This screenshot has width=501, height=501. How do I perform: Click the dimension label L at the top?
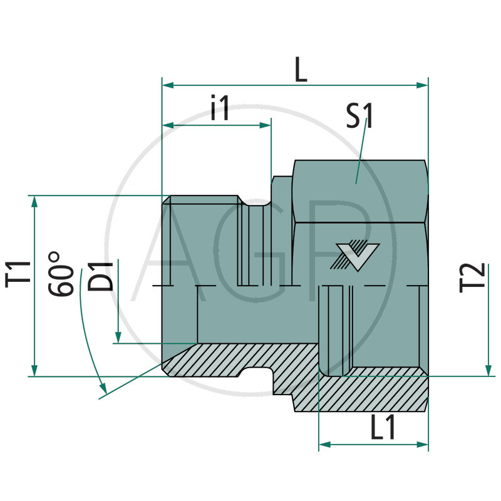click(301, 71)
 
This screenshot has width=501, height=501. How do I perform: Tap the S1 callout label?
click(360, 115)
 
